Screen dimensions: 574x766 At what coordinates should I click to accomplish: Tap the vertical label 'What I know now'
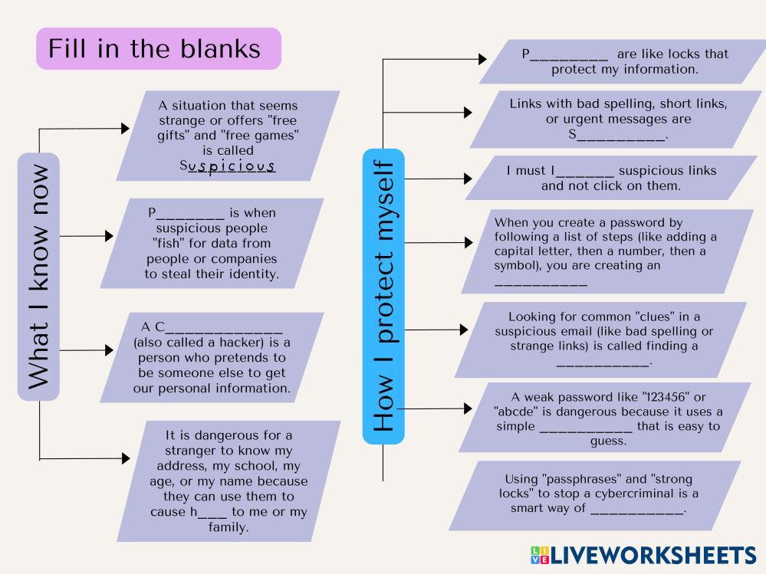[x=38, y=276]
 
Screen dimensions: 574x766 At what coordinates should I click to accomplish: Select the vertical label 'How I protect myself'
[x=383, y=296]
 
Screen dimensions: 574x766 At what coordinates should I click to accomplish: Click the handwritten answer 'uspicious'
[x=232, y=166]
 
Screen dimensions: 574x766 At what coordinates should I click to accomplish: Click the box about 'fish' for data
[x=212, y=243]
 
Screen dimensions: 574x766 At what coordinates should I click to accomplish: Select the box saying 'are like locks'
[x=624, y=62]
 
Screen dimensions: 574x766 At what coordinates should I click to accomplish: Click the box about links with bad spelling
[x=618, y=120]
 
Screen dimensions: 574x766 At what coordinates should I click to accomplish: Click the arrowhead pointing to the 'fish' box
[x=109, y=236]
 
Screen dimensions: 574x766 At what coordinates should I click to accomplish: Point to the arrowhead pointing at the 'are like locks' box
[x=482, y=58]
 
